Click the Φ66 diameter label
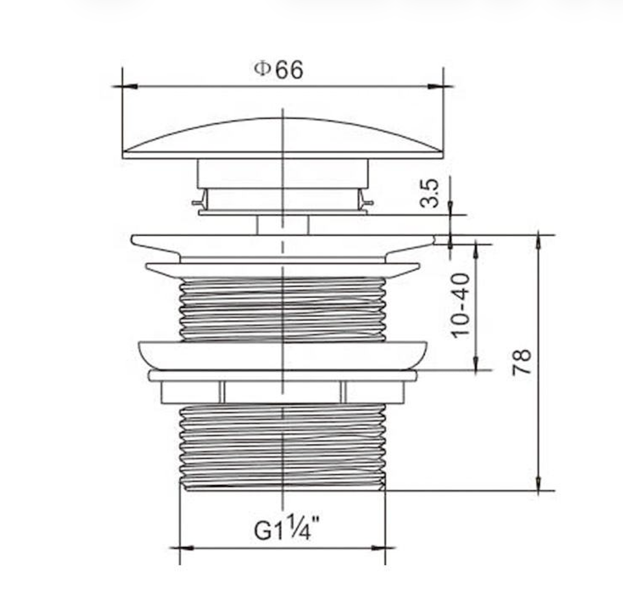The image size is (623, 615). click(x=278, y=69)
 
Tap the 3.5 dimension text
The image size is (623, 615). click(x=430, y=194)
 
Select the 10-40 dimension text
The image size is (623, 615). click(x=461, y=305)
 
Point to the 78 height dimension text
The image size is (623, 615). click(x=521, y=362)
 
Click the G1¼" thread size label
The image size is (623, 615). click(x=287, y=529)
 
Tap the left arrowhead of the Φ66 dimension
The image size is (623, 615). click(x=130, y=86)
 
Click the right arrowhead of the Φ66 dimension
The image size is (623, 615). click(x=435, y=86)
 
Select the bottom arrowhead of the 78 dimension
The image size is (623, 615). click(x=539, y=483)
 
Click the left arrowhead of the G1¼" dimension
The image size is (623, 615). click(x=187, y=548)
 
